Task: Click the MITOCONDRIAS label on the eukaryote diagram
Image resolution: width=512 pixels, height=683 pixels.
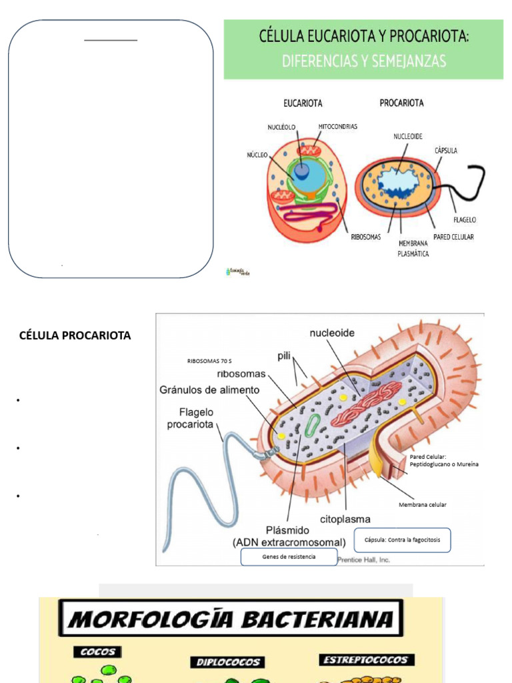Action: click(x=337, y=126)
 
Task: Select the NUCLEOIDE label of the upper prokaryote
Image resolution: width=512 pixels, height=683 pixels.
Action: click(x=407, y=135)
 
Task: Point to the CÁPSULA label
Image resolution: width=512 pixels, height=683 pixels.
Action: click(x=446, y=151)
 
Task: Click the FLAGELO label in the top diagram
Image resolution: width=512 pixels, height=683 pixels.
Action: click(x=464, y=219)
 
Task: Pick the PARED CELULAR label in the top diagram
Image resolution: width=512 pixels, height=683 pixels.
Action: click(x=453, y=237)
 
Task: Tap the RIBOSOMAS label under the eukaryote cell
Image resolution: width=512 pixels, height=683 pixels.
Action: click(x=365, y=236)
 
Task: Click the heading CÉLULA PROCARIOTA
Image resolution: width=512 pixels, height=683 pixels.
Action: click(x=75, y=335)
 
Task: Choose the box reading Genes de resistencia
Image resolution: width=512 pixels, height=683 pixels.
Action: click(x=289, y=556)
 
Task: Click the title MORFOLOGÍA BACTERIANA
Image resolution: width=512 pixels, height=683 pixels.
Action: click(x=231, y=618)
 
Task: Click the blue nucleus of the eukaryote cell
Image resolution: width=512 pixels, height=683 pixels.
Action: click(x=302, y=171)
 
